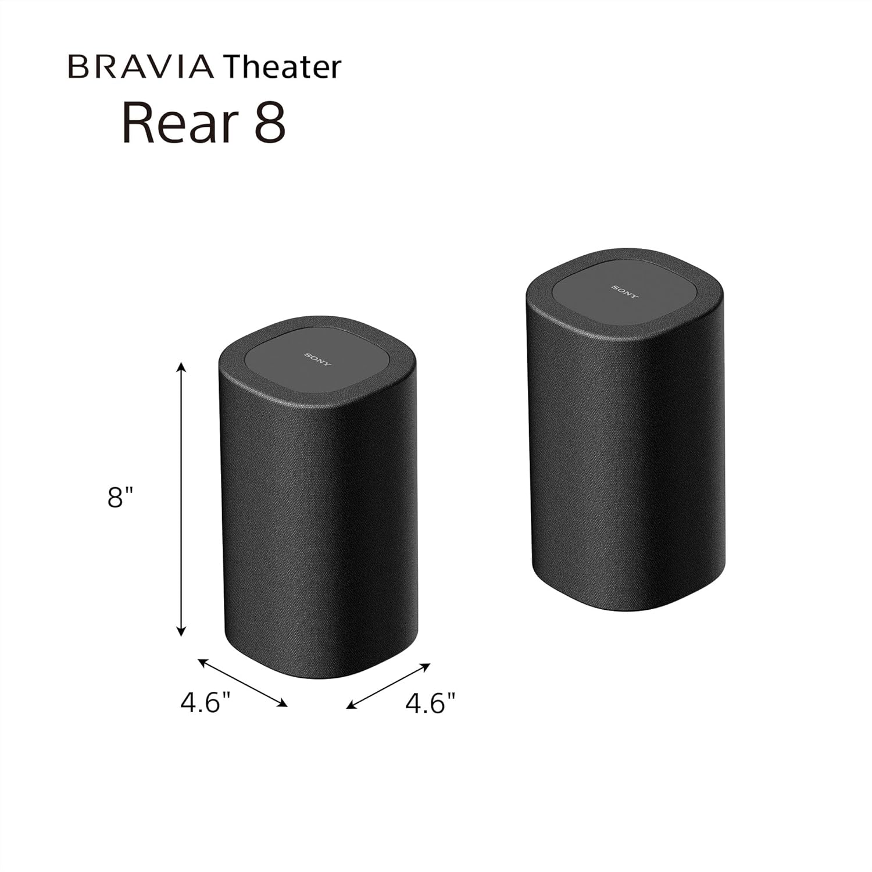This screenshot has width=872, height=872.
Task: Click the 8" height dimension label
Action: [x=120, y=498]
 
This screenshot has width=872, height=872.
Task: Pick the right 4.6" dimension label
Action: [x=430, y=703]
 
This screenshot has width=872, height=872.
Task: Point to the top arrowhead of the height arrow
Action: [x=181, y=366]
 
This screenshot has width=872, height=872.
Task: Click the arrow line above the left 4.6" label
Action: [x=243, y=682]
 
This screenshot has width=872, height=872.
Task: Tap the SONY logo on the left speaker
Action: [x=318, y=359]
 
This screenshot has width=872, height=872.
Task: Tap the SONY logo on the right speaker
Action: [x=625, y=292]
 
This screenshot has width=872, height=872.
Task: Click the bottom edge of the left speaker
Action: [x=323, y=676]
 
